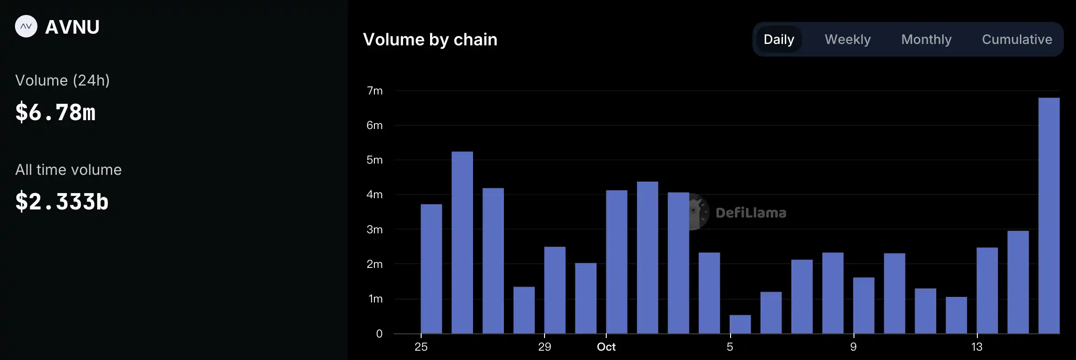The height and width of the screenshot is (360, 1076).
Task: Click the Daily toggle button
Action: coord(779,39)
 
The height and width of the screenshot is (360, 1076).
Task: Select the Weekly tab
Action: coord(847,39)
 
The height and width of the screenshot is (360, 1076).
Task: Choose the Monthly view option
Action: coord(926,39)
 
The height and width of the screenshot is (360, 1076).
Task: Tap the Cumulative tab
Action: coord(1017,39)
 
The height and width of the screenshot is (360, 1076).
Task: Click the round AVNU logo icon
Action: coord(26,27)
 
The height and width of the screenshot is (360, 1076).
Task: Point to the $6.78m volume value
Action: coord(56,112)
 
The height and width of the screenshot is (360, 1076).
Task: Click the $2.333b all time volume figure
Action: coord(62,202)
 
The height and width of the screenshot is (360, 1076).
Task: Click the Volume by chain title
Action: coord(430,40)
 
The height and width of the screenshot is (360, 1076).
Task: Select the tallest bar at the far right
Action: coord(1048,215)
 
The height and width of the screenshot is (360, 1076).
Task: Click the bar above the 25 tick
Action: coord(431,269)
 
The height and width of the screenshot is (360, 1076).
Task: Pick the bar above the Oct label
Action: coord(617,262)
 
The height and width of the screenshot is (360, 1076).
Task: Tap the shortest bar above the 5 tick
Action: coord(740,324)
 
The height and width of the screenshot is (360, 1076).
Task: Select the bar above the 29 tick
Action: coord(555,290)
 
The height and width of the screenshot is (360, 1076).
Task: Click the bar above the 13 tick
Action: coord(987,290)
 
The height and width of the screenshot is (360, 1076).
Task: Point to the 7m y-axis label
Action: coord(374,91)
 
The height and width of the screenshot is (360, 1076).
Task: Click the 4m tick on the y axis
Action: coord(374,194)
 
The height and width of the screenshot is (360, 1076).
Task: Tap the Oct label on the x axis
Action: coord(606,347)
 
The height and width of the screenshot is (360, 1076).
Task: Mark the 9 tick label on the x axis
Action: coord(854,347)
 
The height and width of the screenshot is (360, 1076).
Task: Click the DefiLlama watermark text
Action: coord(751,213)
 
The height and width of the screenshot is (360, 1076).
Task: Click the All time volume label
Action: coord(68,170)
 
